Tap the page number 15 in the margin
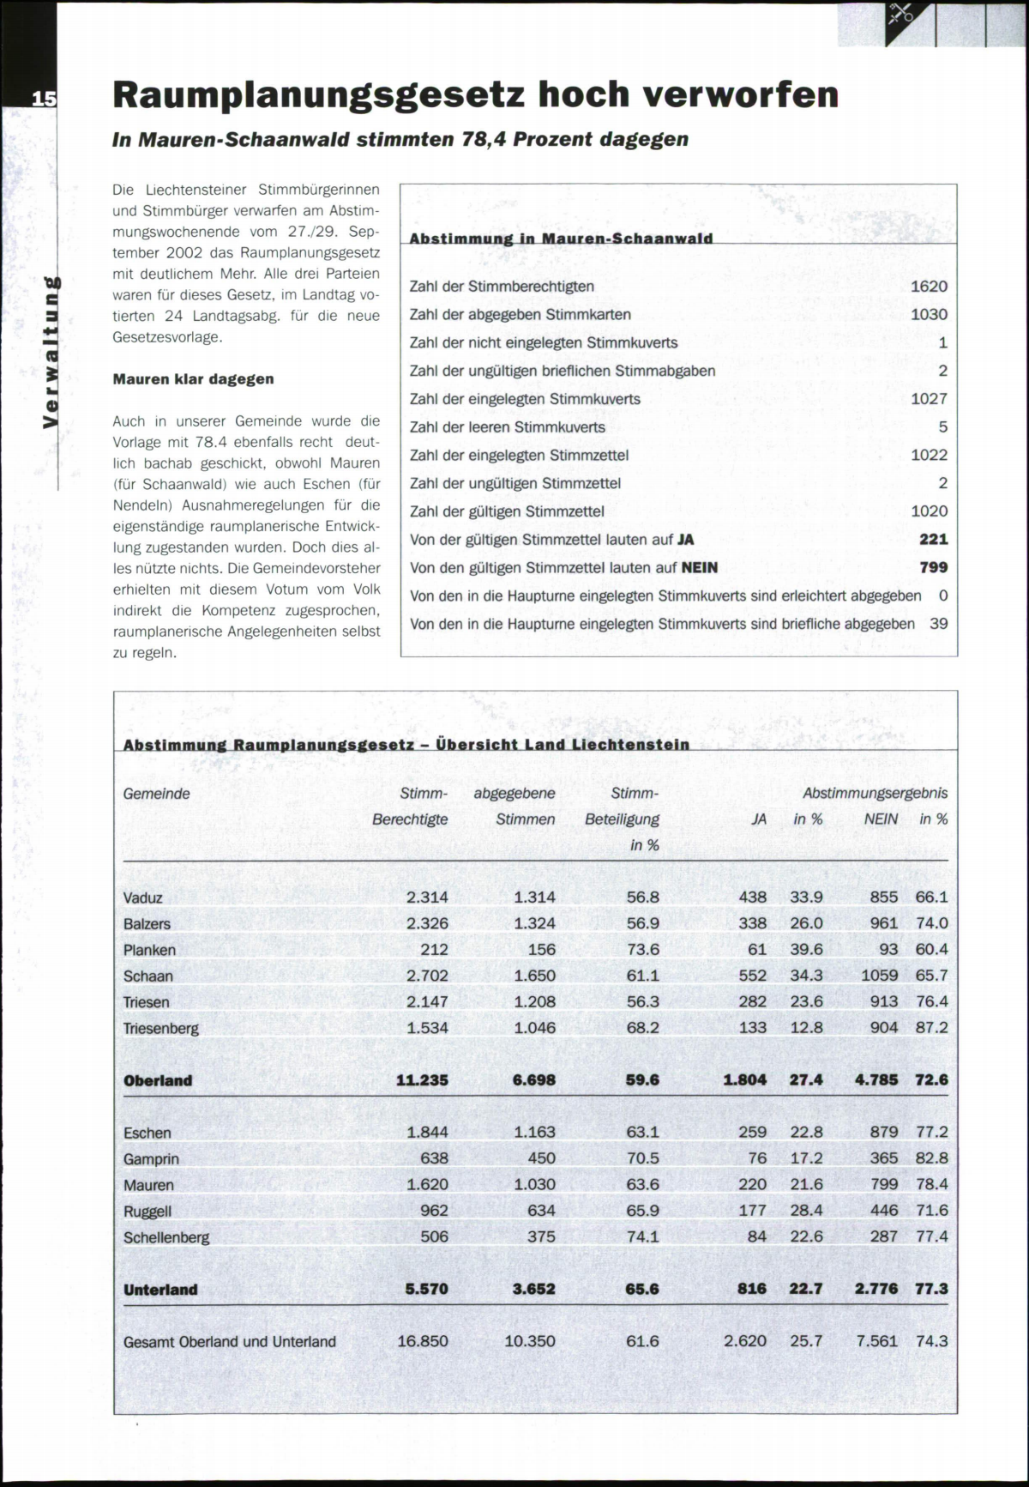pyautogui.click(x=43, y=98)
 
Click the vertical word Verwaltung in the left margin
pyautogui.click(x=51, y=352)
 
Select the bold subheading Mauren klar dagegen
pyautogui.click(x=193, y=379)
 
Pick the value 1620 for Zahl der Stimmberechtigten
pyautogui.click(x=929, y=287)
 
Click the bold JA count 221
pyautogui.click(x=933, y=539)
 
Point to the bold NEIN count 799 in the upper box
pyautogui.click(x=933, y=567)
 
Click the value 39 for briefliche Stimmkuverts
pyautogui.click(x=939, y=624)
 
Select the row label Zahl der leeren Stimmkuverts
pyautogui.click(x=508, y=427)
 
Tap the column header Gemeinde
pyautogui.click(x=156, y=794)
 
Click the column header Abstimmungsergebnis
pyautogui.click(x=875, y=794)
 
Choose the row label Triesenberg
pyautogui.click(x=160, y=1028)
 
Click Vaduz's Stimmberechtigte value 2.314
pyautogui.click(x=427, y=898)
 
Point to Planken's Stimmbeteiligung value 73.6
pyautogui.click(x=642, y=950)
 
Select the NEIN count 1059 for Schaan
pyautogui.click(x=879, y=976)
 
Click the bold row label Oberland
pyautogui.click(x=158, y=1080)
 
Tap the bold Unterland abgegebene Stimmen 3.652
pyautogui.click(x=533, y=1289)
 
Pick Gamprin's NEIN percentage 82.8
pyautogui.click(x=931, y=1158)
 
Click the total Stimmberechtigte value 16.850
pyautogui.click(x=422, y=1341)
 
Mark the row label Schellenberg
pyautogui.click(x=166, y=1237)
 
